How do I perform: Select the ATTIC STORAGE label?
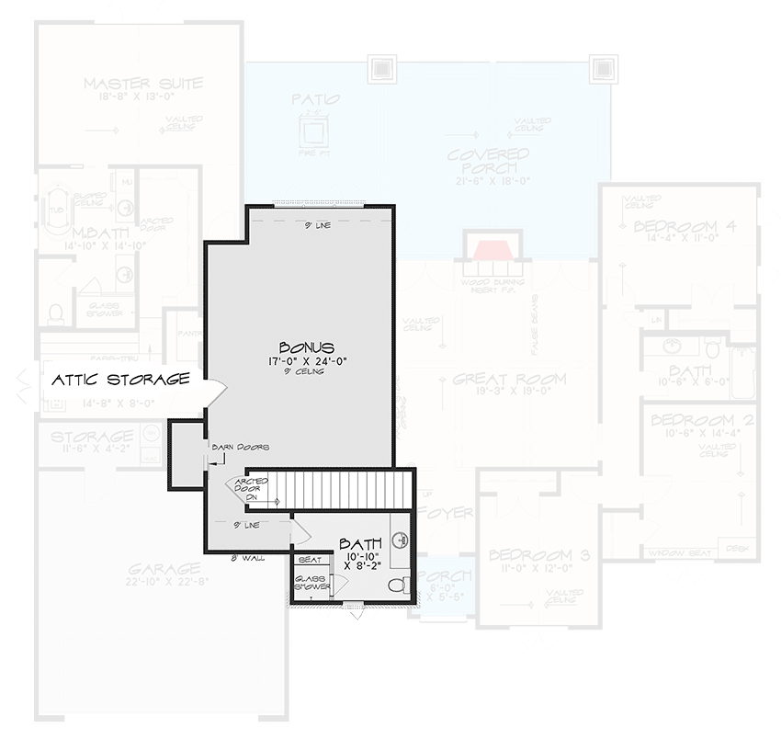click(x=120, y=379)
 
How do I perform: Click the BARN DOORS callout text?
click(x=241, y=448)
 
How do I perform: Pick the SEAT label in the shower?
click(x=309, y=559)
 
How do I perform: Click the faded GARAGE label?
click(x=164, y=569)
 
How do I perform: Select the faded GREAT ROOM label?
click(x=509, y=379)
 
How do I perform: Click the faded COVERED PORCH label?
click(x=489, y=161)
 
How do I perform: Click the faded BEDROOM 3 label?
click(x=532, y=554)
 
